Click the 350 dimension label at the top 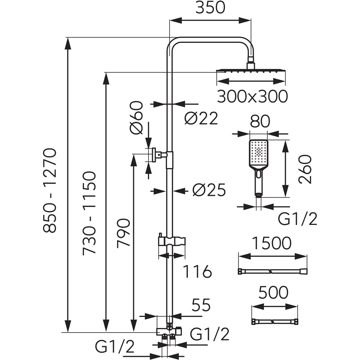(x=210, y=8)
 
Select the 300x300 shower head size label (x=252, y=96)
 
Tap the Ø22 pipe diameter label (x=201, y=118)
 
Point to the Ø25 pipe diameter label (x=209, y=190)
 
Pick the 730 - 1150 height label (x=89, y=213)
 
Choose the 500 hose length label (x=274, y=293)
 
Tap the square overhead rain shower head (x=251, y=71)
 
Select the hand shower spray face (x=258, y=153)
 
